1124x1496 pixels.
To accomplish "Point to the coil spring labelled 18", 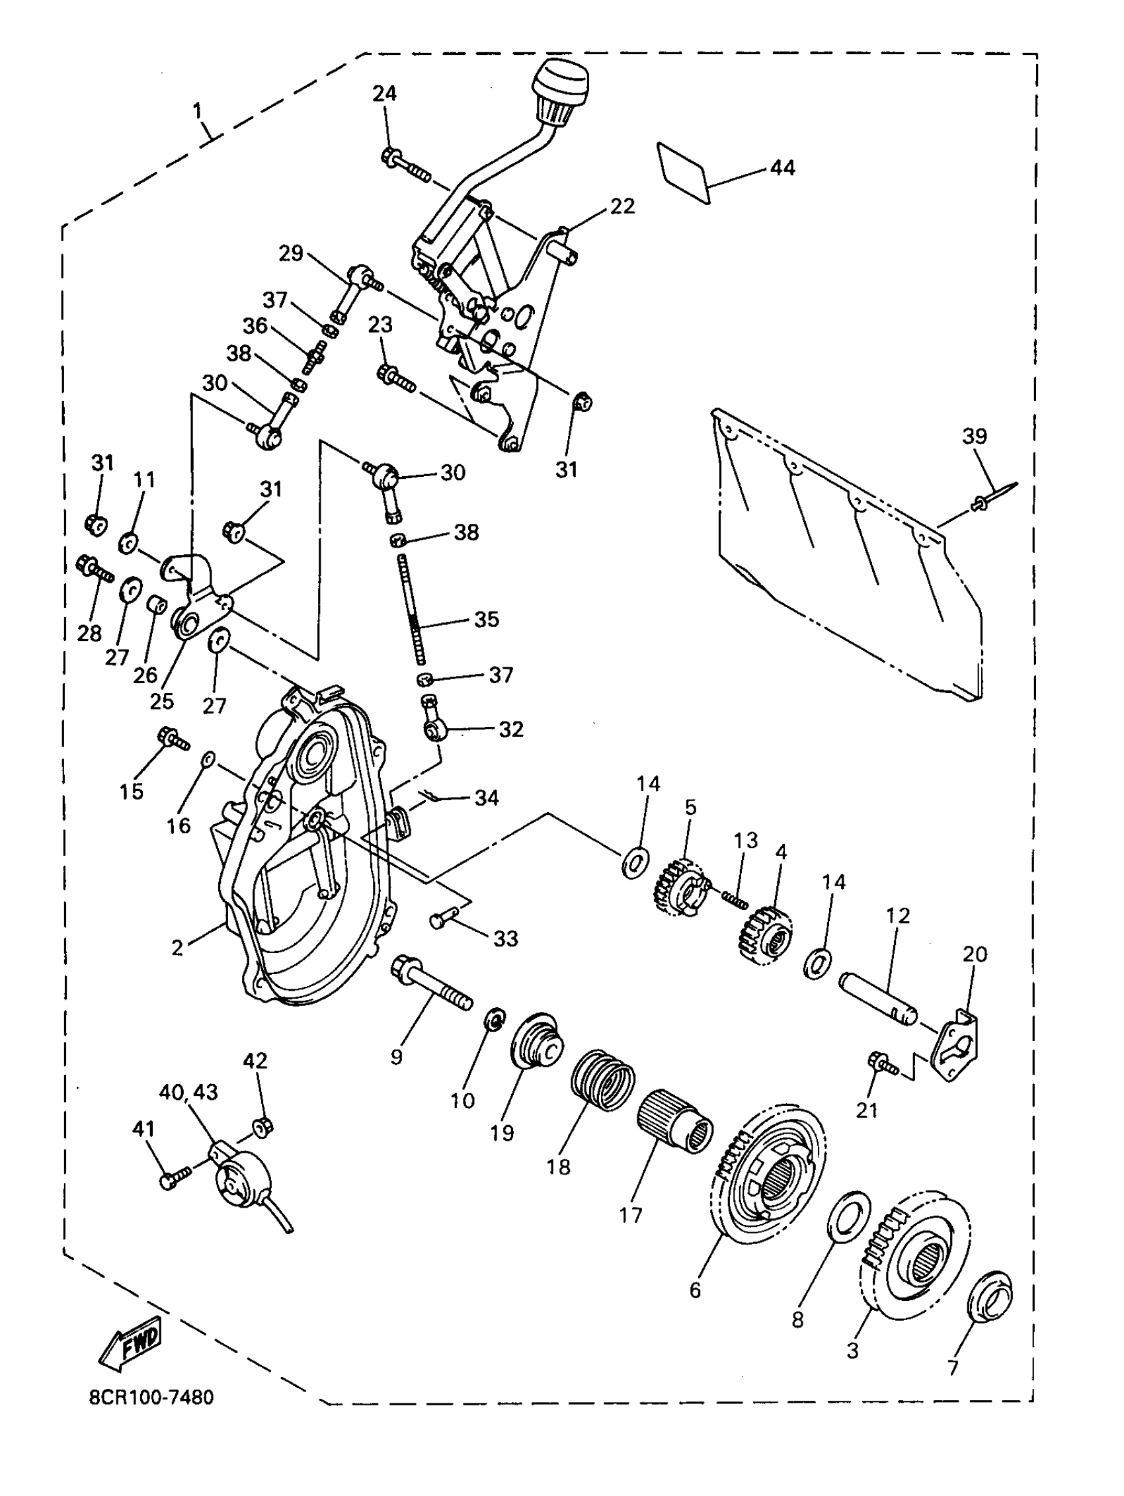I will pos(602,1088).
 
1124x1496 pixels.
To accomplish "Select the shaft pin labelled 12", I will pos(878,1005).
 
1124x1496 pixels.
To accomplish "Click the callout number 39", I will pos(975,436).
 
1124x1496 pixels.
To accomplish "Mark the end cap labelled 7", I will pos(990,1298).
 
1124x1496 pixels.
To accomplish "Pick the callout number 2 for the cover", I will pos(177,948).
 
